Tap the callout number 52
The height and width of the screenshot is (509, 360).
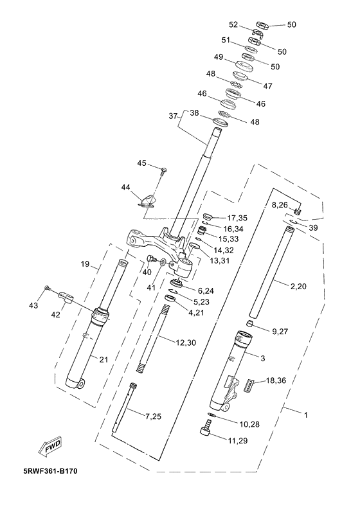click(x=234, y=24)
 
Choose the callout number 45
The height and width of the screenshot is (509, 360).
click(x=142, y=163)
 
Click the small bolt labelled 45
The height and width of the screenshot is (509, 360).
click(x=164, y=171)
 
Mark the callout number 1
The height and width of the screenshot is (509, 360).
click(x=305, y=415)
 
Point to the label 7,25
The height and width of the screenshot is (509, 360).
click(x=153, y=416)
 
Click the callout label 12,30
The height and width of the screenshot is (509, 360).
click(x=186, y=343)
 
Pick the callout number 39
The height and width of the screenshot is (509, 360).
click(x=313, y=228)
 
